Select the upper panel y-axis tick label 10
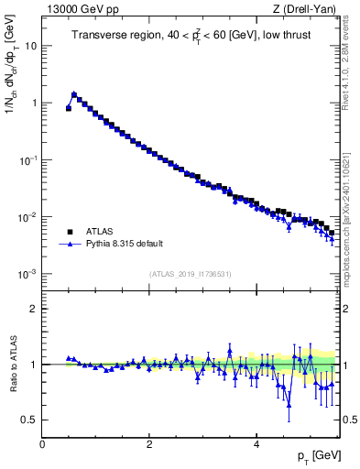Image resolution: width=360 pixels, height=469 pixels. (x=31, y=46)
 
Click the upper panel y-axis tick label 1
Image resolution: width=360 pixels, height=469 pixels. (x=34, y=104)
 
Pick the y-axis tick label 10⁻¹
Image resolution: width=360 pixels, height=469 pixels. (x=29, y=159)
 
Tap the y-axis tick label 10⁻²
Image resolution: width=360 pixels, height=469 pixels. (x=29, y=217)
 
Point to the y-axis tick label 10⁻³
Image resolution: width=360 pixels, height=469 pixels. (x=29, y=274)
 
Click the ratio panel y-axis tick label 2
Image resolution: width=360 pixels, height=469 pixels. (x=34, y=309)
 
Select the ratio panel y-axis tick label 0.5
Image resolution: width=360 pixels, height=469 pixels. (x=30, y=420)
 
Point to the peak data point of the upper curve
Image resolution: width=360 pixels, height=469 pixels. (x=74, y=93)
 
